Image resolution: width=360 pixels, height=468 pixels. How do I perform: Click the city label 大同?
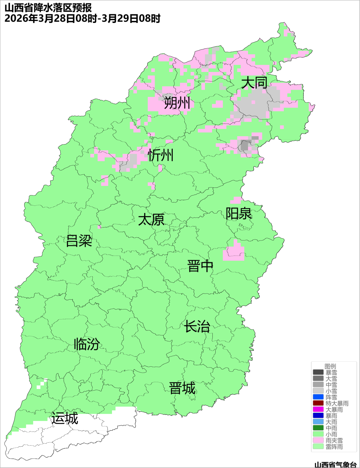pos(254,83)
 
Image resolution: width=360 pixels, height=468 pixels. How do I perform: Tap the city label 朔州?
pos(177,103)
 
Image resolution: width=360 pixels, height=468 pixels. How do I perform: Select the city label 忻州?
pos(161,155)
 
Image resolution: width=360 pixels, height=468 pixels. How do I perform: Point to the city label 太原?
pos(151,220)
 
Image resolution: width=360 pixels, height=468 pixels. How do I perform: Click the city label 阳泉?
pos(239,214)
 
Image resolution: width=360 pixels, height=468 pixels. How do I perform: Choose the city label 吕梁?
pos(79,241)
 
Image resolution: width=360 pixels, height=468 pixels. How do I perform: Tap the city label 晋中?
pos(200,266)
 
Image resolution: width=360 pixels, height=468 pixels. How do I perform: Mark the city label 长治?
pos(197,326)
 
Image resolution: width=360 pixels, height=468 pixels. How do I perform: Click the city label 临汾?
pos(87,344)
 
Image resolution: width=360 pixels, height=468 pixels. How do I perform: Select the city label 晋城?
pos(182,388)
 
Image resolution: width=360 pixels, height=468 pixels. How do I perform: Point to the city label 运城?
pos(65,418)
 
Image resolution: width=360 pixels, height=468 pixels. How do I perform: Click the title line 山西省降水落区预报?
pos(48,7)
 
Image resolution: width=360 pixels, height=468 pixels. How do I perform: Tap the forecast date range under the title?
pos(82,18)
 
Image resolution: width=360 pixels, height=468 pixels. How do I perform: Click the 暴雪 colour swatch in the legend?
pos(318,372)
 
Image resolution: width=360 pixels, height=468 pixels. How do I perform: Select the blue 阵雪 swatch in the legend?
pos(318,397)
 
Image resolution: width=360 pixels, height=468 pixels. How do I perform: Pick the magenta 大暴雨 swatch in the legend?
pos(318,409)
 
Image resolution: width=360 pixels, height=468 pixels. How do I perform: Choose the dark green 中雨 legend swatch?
pos(318,428)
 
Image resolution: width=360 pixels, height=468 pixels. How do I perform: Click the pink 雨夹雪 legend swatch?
pos(318,440)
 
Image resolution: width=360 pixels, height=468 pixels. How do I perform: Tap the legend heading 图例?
pos(330,366)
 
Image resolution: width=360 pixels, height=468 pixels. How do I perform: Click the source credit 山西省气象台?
pos(335,464)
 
